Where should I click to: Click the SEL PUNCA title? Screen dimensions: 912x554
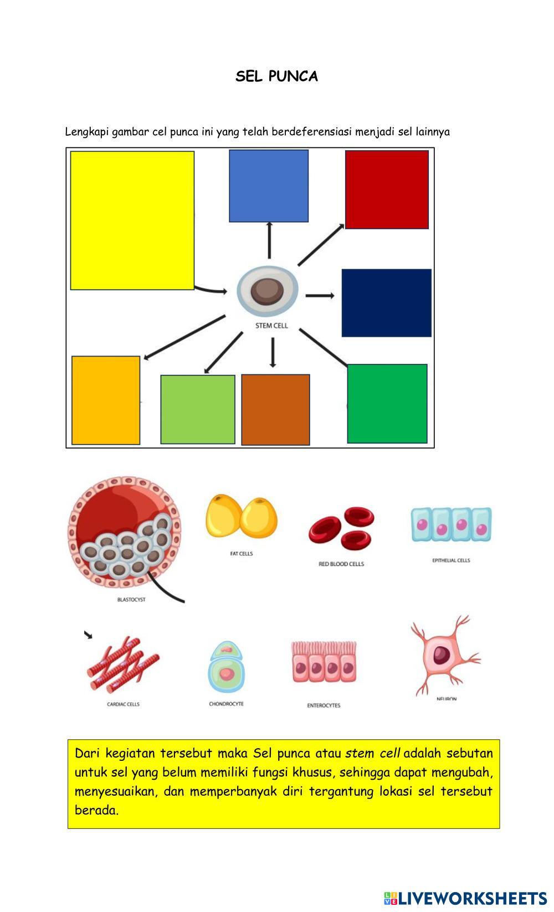(276, 76)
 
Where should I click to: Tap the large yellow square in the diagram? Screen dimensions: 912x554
(132, 220)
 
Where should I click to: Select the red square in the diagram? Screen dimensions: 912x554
(387, 189)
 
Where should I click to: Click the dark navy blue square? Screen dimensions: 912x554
(386, 303)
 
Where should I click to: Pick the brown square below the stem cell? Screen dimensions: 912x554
(275, 410)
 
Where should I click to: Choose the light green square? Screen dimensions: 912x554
(198, 410)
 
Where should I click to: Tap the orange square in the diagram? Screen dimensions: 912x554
(106, 400)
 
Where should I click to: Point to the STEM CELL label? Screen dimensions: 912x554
(271, 326)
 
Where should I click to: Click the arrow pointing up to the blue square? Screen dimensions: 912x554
(269, 240)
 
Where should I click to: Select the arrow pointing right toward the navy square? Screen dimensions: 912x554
(320, 296)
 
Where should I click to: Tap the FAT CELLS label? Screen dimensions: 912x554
(242, 554)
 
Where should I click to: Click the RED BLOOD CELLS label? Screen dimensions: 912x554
(341, 564)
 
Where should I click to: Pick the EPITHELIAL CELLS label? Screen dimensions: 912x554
(451, 560)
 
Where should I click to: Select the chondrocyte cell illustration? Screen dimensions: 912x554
(226, 668)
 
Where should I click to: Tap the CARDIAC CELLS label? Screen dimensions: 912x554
(123, 704)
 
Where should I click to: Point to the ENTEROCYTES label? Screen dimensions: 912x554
(324, 705)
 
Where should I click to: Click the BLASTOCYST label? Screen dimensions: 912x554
(131, 600)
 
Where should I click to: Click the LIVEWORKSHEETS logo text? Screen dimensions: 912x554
(471, 898)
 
